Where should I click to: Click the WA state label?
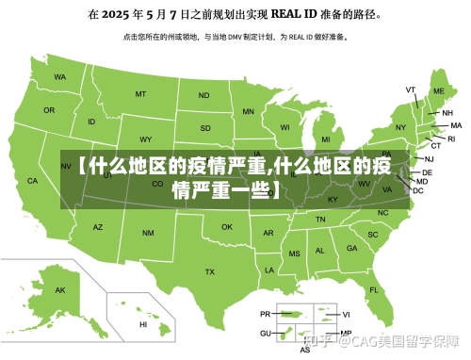click(x=60, y=76)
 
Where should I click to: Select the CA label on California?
click(x=32, y=180)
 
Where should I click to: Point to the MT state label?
click(x=140, y=94)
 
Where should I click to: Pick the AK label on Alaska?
click(x=61, y=290)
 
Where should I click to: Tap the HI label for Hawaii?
click(x=143, y=324)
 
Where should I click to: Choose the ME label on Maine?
click(x=438, y=91)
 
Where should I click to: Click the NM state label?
click(x=148, y=232)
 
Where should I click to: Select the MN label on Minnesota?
click(x=249, y=111)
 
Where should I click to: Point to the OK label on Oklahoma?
click(x=227, y=227)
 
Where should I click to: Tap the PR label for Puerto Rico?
click(x=265, y=314)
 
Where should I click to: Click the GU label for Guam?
click(x=265, y=334)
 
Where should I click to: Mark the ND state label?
click(x=203, y=95)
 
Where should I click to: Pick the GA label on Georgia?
click(x=351, y=249)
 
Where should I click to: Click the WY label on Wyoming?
click(x=144, y=137)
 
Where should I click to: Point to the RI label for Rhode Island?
click(x=450, y=139)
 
